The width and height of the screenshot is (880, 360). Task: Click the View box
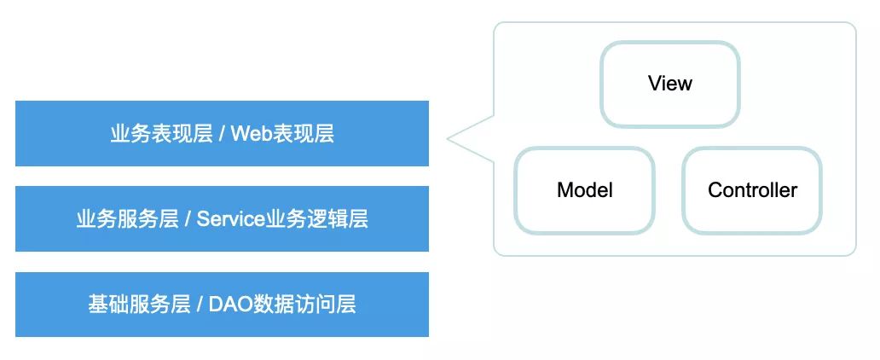pyautogui.click(x=670, y=84)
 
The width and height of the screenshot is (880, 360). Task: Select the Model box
pyautogui.click(x=585, y=190)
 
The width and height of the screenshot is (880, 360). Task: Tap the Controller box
pyautogui.click(x=752, y=190)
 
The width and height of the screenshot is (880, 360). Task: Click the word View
pyautogui.click(x=670, y=84)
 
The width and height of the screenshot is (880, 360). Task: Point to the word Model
pyautogui.click(x=585, y=190)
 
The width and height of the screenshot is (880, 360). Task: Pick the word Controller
pyautogui.click(x=752, y=190)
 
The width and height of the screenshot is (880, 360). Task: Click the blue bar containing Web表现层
pyautogui.click(x=223, y=134)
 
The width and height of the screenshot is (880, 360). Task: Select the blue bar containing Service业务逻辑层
pyautogui.click(x=223, y=219)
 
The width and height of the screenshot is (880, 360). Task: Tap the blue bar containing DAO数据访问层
pyautogui.click(x=223, y=305)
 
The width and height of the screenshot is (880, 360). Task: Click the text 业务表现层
pyautogui.click(x=162, y=134)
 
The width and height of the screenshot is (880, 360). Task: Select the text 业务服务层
pyautogui.click(x=127, y=219)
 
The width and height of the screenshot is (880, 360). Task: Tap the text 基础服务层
pyautogui.click(x=139, y=305)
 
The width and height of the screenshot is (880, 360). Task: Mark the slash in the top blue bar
pyautogui.click(x=223, y=134)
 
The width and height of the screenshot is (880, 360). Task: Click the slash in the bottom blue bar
pyautogui.click(x=200, y=305)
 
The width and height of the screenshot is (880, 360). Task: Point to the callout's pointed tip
pyautogui.click(x=448, y=138)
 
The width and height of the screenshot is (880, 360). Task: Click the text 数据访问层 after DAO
pyautogui.click(x=304, y=305)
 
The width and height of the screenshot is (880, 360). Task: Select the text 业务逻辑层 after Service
pyautogui.click(x=317, y=219)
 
